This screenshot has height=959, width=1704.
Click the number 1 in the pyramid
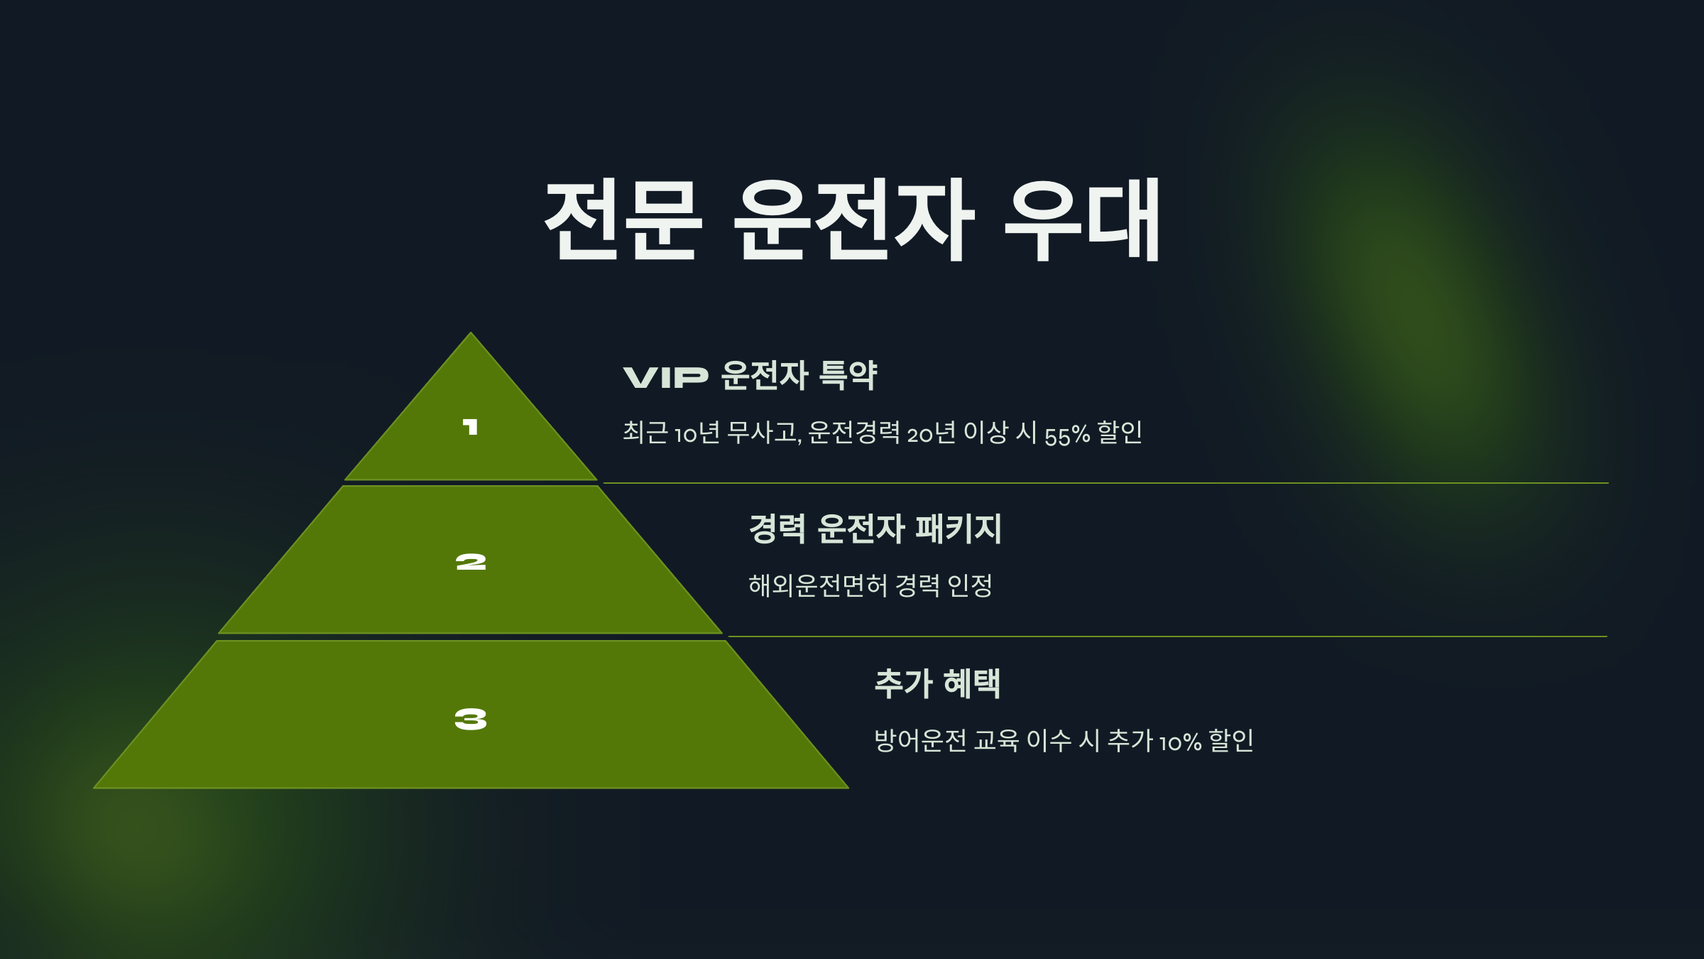470,427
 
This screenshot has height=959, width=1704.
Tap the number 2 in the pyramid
471,563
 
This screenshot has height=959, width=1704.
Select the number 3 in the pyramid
471,720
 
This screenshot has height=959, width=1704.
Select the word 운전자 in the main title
853,220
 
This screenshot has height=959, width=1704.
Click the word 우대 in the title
1083,220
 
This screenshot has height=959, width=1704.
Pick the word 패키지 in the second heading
958,529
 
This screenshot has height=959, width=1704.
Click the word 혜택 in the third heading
972,683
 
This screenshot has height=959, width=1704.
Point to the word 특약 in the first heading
848,375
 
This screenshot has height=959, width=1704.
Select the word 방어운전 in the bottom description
920,741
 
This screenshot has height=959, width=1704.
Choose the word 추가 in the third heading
903,683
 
